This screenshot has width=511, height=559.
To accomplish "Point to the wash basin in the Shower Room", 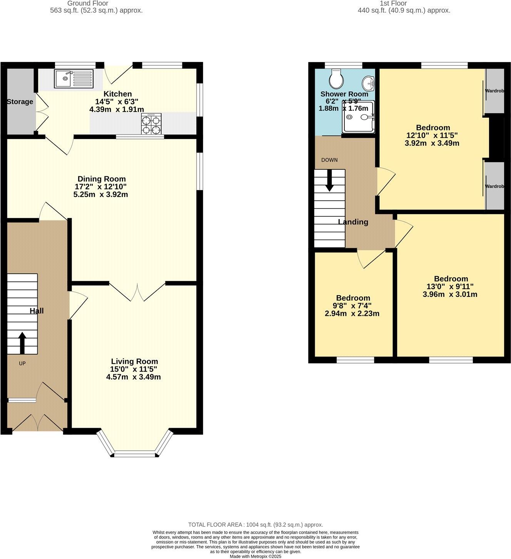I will [x=369, y=82].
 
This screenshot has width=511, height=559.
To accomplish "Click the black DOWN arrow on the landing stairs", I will [x=329, y=181].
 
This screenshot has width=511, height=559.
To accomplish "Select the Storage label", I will [x=20, y=102].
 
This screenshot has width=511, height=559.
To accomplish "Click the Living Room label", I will [x=134, y=361].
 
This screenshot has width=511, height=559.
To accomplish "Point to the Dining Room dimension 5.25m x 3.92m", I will [x=100, y=194].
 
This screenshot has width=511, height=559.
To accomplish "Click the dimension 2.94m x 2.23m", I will [x=352, y=313].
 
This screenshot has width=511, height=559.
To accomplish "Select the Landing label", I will [x=353, y=222].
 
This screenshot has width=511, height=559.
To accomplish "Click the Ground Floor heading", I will [x=88, y=3].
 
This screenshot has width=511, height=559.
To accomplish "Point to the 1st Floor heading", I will [x=393, y=3].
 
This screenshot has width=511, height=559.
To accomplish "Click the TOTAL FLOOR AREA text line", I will [x=255, y=524].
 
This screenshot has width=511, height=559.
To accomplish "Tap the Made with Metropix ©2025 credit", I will [x=255, y=556].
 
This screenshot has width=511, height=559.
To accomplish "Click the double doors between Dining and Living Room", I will [x=137, y=292].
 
